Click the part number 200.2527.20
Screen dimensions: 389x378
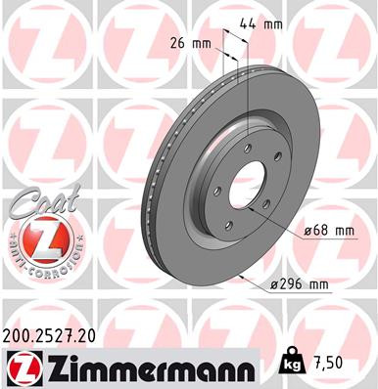point(58,334)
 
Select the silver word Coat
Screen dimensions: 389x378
point(34,203)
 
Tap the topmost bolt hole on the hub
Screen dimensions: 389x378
point(249,147)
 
